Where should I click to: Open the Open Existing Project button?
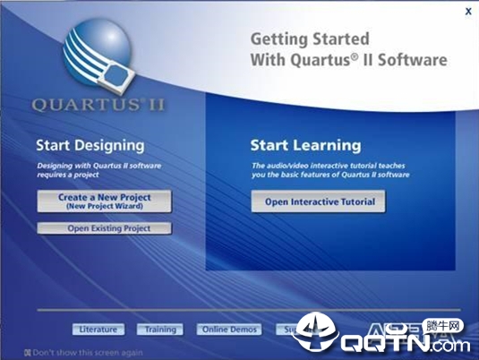pos(104,228)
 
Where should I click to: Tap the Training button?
pos(160,330)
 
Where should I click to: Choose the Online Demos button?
pos(229,330)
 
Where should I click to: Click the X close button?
pos(468,12)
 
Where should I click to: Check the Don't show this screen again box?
pos(28,353)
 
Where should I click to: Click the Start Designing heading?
pos(90,145)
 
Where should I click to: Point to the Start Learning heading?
pos(305,145)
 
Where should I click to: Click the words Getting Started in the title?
pos(296,39)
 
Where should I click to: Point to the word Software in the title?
pos(414,61)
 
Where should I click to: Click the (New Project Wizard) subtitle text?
pos(104,206)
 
